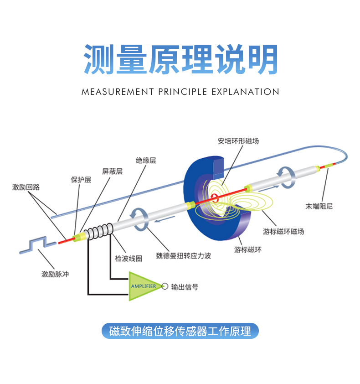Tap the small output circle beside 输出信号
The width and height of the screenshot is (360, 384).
[x=165, y=286]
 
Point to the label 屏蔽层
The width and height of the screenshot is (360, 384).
[x=112, y=171]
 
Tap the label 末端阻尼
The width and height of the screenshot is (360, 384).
[x=319, y=206]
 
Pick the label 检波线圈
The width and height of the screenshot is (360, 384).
[x=129, y=259]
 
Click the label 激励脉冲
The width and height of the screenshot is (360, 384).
[x=55, y=274]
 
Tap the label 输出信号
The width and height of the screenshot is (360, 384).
[x=185, y=287]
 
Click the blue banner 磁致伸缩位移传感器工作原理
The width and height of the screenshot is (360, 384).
[x=180, y=331]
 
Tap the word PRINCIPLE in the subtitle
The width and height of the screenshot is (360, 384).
[x=182, y=92]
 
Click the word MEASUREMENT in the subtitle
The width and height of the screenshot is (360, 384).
[x=118, y=92]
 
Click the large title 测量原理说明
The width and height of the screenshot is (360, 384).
[x=180, y=60]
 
